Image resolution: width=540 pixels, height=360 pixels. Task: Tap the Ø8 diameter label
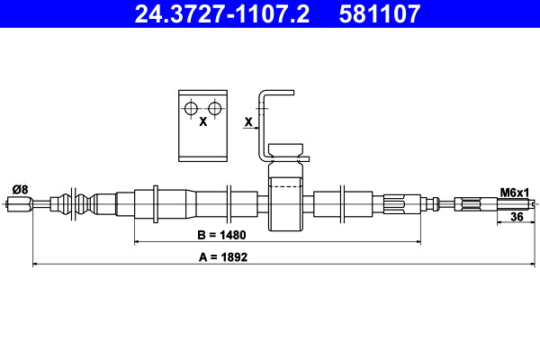coord(19,190)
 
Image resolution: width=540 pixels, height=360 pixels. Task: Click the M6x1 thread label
coord(515,192)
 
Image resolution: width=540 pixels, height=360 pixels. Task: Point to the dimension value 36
coord(517,217)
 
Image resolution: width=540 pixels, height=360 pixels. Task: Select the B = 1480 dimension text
coord(221,235)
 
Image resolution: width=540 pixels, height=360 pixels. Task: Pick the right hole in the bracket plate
coord(215,109)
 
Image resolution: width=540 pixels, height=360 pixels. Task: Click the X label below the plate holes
coord(203,121)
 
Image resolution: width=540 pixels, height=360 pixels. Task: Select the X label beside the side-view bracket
coord(248,120)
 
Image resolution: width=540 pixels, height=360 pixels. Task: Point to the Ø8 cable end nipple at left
coord(19,204)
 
